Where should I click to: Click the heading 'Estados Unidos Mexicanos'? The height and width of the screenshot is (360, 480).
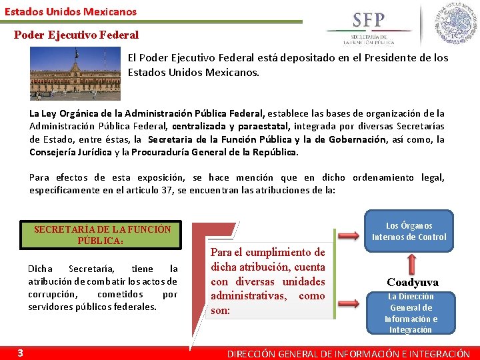71,11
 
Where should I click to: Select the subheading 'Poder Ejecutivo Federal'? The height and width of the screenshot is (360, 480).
77,35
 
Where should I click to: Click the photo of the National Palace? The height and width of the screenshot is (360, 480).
75,73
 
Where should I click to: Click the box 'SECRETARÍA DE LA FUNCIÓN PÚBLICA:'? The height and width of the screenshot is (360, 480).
102,235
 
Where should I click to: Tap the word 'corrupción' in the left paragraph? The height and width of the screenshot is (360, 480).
53,294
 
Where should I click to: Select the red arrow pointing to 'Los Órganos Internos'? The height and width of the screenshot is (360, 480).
349,235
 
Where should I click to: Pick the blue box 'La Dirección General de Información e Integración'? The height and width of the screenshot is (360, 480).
410,313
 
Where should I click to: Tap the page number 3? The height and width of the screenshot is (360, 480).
21,353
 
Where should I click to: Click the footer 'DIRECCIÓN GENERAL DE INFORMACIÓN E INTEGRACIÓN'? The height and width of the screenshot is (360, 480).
349,354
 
